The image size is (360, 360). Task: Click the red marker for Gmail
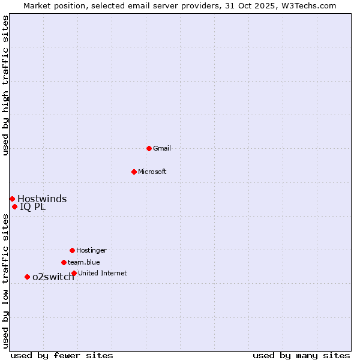click(149, 148)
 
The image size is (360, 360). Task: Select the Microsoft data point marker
click(134, 172)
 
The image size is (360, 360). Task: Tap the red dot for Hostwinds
click(12, 199)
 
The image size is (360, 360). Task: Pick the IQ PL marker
click(14, 207)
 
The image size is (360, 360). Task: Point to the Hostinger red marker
click(72, 250)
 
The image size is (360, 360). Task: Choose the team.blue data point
click(64, 262)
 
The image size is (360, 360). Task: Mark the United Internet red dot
click(74, 273)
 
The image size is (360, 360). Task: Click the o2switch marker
click(27, 277)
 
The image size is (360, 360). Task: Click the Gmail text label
click(162, 148)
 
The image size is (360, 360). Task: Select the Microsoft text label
click(152, 172)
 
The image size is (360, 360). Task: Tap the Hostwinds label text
click(42, 199)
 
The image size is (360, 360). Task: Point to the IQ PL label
click(32, 207)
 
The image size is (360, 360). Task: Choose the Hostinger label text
click(91, 250)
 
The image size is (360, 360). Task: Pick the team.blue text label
click(84, 262)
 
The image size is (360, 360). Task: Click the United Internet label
click(103, 273)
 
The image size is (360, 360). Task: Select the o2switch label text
click(53, 277)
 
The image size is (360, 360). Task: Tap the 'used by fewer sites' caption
click(62, 355)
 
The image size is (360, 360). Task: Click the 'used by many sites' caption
click(301, 355)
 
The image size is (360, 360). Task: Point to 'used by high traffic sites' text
click(5, 85)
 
